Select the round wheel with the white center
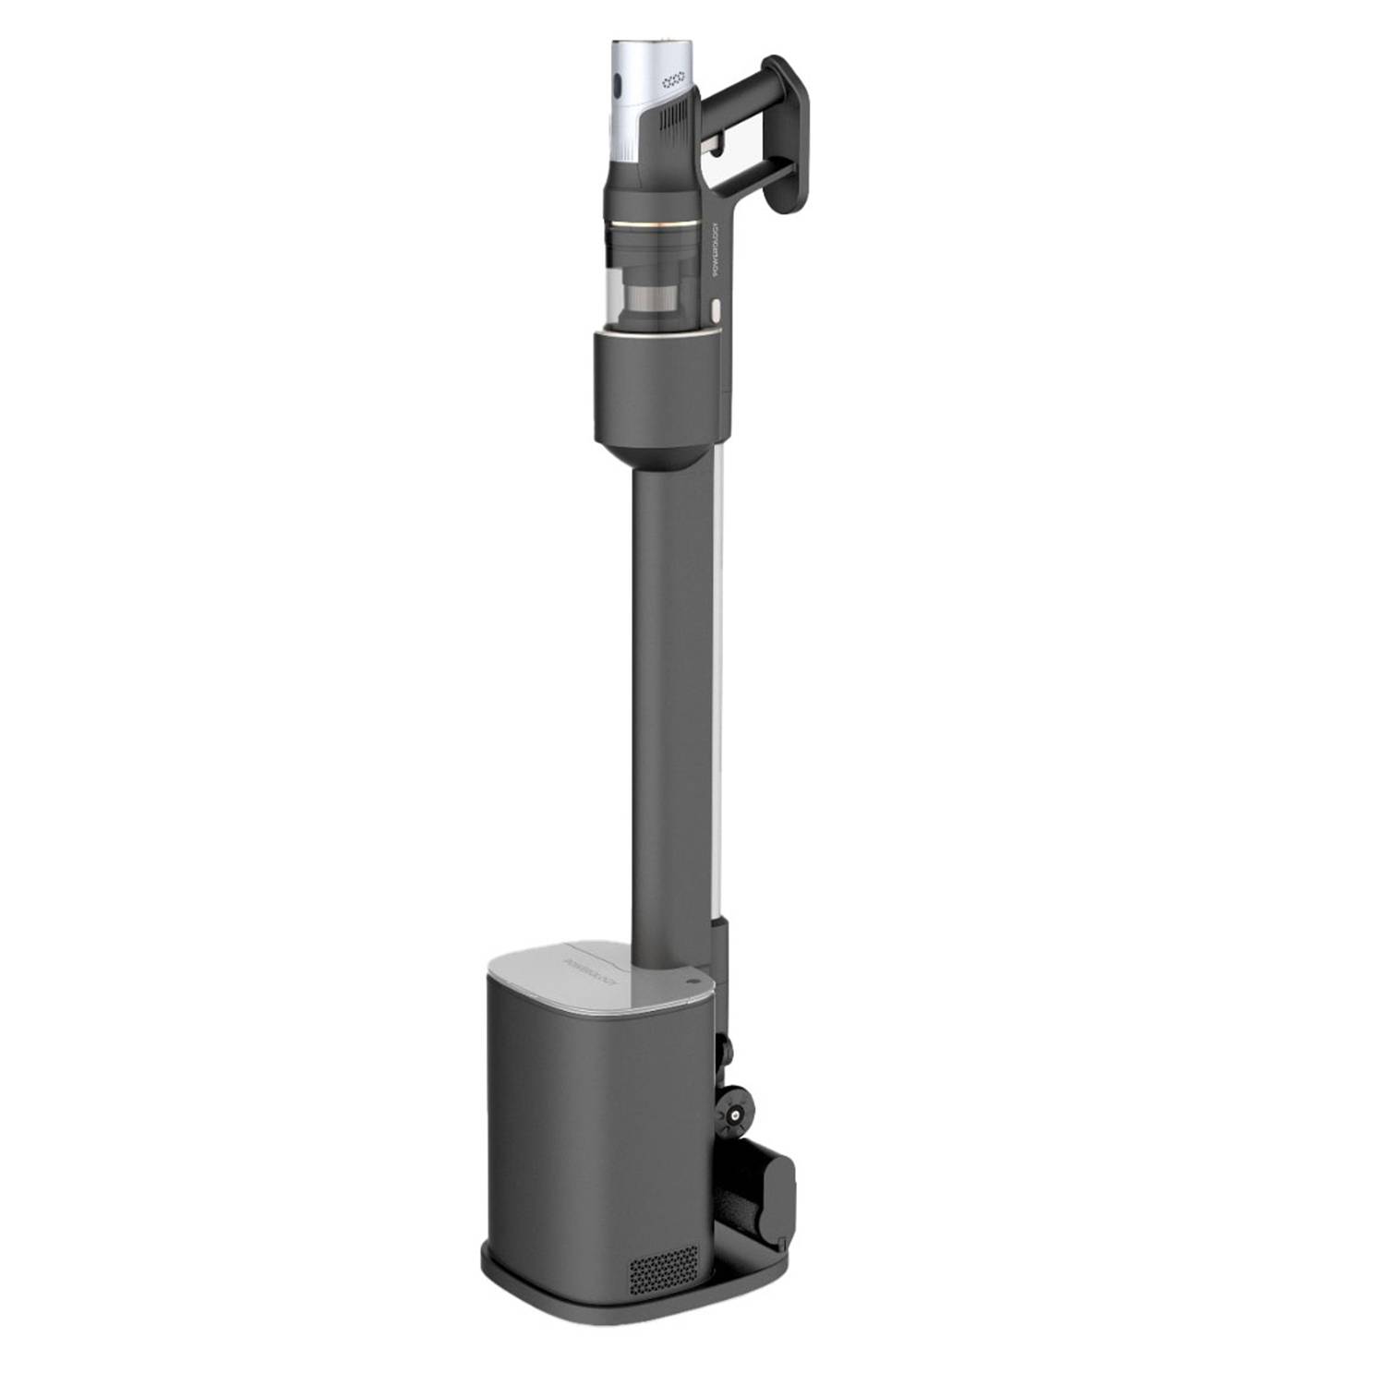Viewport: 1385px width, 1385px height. point(735,1116)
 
